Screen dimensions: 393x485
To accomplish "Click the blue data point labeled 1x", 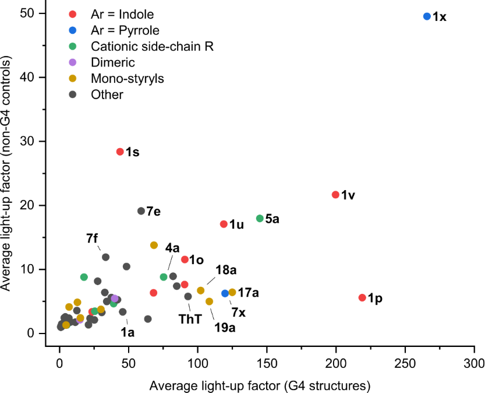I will pyautogui.click(x=427, y=16).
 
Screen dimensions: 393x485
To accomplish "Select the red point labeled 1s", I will pyautogui.click(x=120, y=152).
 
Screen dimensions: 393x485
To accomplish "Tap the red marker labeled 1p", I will pyautogui.click(x=362, y=297).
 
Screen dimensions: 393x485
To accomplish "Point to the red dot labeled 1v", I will pyautogui.click(x=335, y=194).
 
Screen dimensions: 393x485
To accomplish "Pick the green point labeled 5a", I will pyautogui.click(x=260, y=218).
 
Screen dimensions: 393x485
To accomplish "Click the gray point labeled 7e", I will pyautogui.click(x=141, y=211).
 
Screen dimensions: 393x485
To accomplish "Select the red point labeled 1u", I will pyautogui.click(x=224, y=224).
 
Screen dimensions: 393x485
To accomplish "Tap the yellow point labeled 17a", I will pyautogui.click(x=232, y=292).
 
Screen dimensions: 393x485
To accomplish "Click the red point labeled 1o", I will pyautogui.click(x=185, y=259).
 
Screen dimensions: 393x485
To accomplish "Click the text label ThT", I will pyautogui.click(x=189, y=319).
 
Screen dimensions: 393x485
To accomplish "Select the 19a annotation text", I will pyautogui.click(x=225, y=328).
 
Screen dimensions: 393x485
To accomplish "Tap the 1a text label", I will pyautogui.click(x=128, y=332).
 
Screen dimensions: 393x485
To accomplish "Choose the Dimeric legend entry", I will pyautogui.click(x=113, y=62).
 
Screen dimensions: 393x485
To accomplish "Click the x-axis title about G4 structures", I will pyautogui.click(x=260, y=385).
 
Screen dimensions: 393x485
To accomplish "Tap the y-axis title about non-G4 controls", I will pyautogui.click(x=8, y=175).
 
